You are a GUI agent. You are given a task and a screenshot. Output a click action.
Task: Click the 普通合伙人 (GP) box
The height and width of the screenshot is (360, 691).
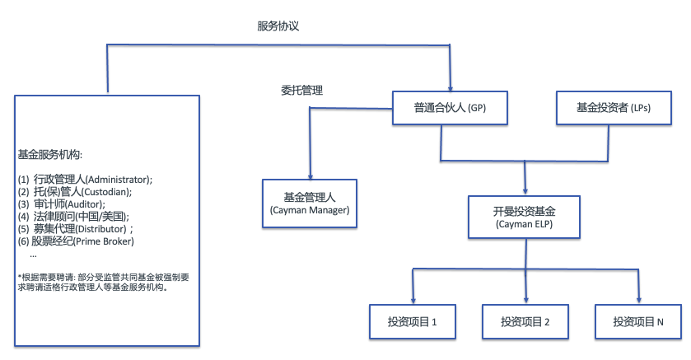pyautogui.click(x=450, y=108)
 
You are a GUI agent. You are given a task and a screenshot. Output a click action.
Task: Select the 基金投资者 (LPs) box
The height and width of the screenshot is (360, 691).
pyautogui.click(x=614, y=108)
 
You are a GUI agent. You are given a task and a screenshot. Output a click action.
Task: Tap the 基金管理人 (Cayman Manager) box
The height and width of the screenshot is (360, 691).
pyautogui.click(x=310, y=203)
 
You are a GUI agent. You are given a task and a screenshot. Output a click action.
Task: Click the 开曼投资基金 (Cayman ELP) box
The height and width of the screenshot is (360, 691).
pyautogui.click(x=524, y=217)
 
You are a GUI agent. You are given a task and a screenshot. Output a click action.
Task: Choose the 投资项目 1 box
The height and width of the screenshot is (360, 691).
pyautogui.click(x=413, y=321)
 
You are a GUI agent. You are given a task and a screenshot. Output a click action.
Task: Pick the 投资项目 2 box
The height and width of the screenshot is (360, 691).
pyautogui.click(x=525, y=321)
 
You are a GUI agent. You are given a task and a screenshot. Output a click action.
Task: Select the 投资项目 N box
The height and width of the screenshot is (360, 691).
pyautogui.click(x=638, y=321)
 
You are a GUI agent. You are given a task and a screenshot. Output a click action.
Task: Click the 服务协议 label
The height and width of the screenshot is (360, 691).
pyautogui.click(x=278, y=26)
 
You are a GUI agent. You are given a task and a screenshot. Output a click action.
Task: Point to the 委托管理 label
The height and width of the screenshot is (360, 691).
pyautogui.click(x=302, y=91)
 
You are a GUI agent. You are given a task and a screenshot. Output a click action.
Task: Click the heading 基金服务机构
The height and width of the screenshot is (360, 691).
pyautogui.click(x=49, y=155)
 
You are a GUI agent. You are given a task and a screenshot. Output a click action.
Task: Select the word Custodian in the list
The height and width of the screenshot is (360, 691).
pyautogui.click(x=105, y=192)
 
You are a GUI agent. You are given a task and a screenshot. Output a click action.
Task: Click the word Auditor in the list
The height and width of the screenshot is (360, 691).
pyautogui.click(x=84, y=204)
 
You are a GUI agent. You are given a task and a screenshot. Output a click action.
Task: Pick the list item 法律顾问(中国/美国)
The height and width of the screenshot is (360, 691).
pyautogui.click(x=82, y=217)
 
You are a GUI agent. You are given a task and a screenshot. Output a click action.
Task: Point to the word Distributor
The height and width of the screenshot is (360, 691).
pyautogui.click(x=100, y=229)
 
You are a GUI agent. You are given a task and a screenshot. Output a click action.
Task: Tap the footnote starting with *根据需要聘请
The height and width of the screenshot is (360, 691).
pyautogui.click(x=104, y=282)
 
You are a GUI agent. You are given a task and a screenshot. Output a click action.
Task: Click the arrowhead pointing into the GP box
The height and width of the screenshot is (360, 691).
pyautogui.click(x=450, y=88)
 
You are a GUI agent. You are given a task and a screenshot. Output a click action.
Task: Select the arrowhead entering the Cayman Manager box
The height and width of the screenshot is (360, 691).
pyautogui.click(x=310, y=176)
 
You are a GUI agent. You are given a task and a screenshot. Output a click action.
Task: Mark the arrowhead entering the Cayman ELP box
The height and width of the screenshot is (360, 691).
pyautogui.click(x=525, y=191)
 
